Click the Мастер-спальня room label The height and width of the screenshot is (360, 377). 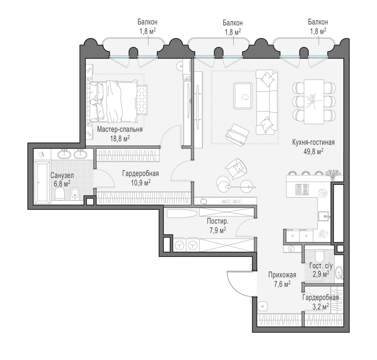tap(120, 130)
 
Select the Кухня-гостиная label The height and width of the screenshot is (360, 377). tap(313, 142)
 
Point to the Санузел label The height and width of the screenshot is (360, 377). tap(62, 176)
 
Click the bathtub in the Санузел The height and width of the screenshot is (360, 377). tap(42, 183)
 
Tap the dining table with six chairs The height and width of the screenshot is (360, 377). tap(314, 102)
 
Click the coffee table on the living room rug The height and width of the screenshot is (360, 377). tap(243, 96)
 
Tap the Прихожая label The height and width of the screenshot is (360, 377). tap(282, 275)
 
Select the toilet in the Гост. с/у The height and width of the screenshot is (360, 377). tap(320, 256)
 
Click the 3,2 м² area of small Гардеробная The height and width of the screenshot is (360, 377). tap(321, 307)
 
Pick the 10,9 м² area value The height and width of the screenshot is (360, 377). tap(141, 183)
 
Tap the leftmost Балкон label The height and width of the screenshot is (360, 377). tap(147, 22)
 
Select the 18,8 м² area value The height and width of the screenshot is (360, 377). tap(120, 139)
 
